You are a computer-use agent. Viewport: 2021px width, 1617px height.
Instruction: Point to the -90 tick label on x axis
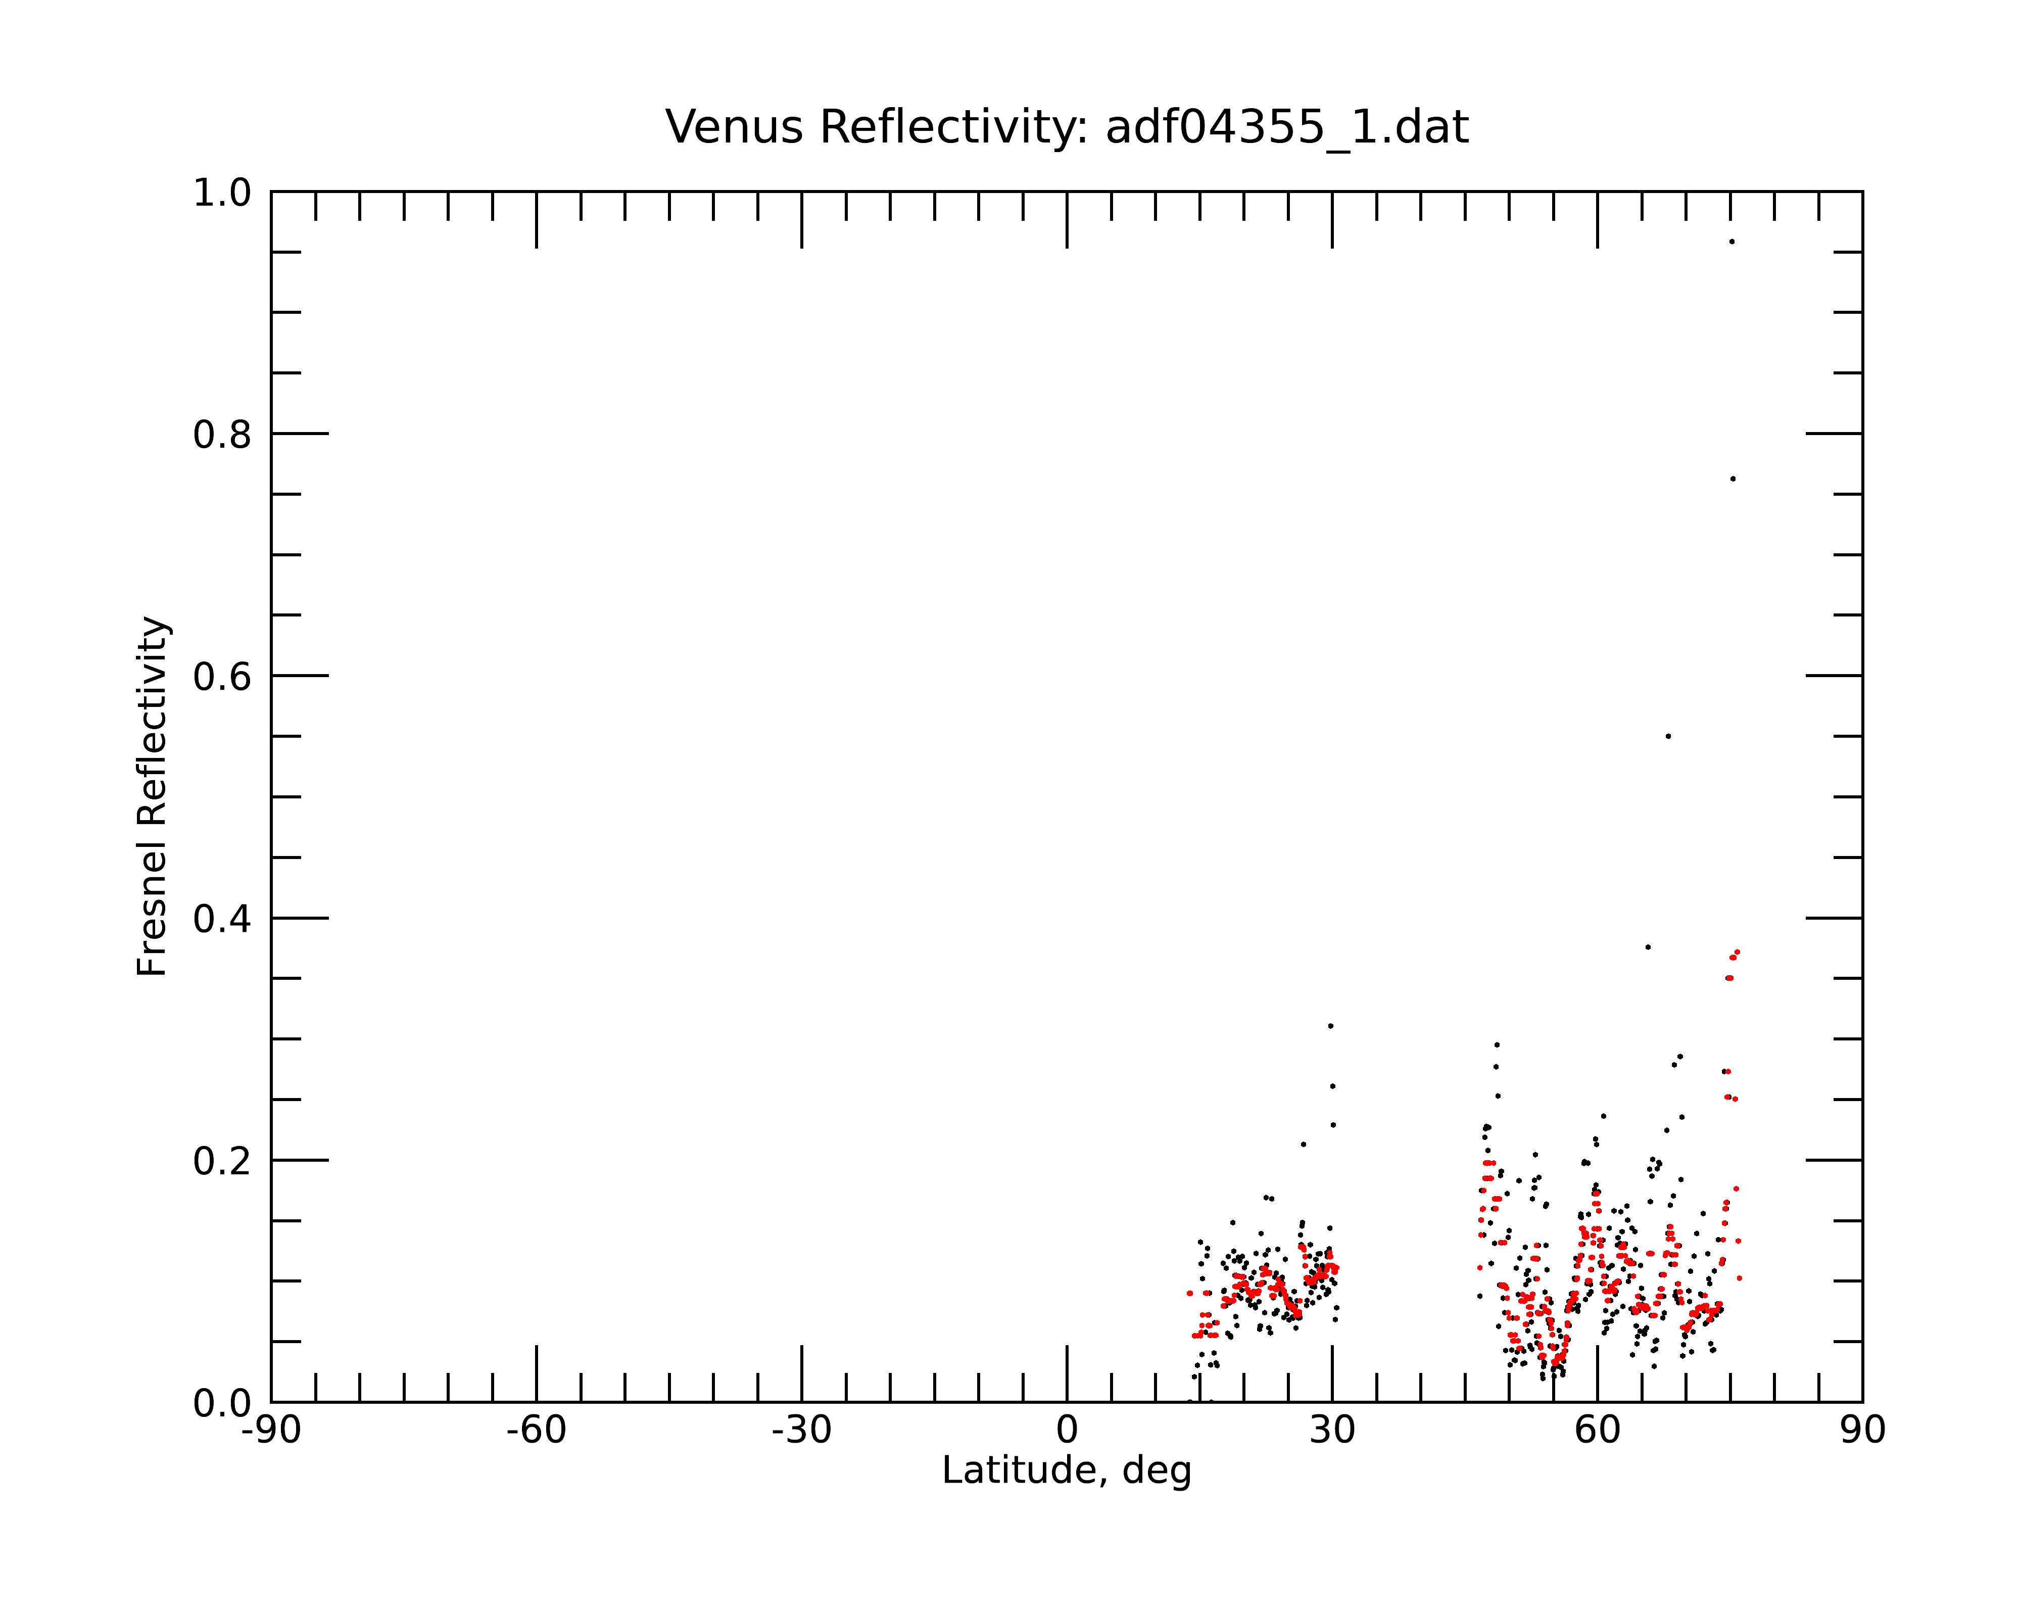pyautogui.click(x=271, y=1431)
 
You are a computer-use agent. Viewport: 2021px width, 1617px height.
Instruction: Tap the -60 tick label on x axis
pyautogui.click(x=536, y=1431)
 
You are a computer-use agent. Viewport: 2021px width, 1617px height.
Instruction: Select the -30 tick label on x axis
pyautogui.click(x=801, y=1431)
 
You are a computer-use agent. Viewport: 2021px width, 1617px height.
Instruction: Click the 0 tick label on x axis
pyautogui.click(x=1067, y=1431)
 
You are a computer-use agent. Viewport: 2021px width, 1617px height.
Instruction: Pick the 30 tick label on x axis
pyautogui.click(x=1332, y=1431)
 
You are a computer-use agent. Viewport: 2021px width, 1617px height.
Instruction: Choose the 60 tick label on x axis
pyautogui.click(x=1597, y=1431)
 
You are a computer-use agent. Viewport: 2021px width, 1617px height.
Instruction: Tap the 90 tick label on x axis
pyautogui.click(x=1862, y=1431)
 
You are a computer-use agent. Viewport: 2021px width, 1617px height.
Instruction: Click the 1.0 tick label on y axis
pyautogui.click(x=223, y=193)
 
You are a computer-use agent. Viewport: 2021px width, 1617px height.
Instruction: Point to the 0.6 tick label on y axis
pyautogui.click(x=223, y=676)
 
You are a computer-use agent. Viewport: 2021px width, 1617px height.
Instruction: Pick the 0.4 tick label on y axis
pyautogui.click(x=223, y=919)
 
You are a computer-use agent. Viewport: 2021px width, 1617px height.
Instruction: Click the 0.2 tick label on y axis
pyautogui.click(x=223, y=1161)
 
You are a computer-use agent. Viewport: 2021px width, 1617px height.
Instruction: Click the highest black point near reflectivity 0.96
pyautogui.click(x=1731, y=242)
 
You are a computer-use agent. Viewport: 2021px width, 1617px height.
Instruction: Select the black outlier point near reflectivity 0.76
pyautogui.click(x=1733, y=479)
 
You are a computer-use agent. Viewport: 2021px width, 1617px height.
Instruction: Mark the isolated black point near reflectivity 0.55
pyautogui.click(x=1668, y=736)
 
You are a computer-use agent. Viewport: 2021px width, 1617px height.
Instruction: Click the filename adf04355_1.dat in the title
pyautogui.click(x=1287, y=127)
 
